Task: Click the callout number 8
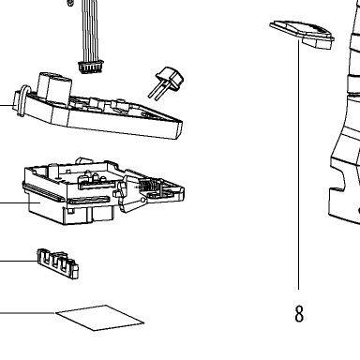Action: pyautogui.click(x=299, y=313)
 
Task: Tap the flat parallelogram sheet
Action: pyautogui.click(x=100, y=318)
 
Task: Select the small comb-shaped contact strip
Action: pyautogui.click(x=58, y=263)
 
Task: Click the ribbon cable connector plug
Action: pyautogui.click(x=90, y=67)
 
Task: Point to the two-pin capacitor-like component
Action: pyautogui.click(x=166, y=82)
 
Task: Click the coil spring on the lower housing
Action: pyautogui.click(x=147, y=187)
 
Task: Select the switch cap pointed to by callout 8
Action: pyautogui.click(x=302, y=34)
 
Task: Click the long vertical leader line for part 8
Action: pyautogui.click(x=298, y=165)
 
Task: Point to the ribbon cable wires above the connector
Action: pyautogui.click(x=90, y=31)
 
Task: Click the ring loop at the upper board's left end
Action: pyautogui.click(x=20, y=101)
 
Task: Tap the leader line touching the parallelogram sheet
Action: pyautogui.click(x=27, y=312)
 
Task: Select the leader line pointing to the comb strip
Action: pyautogui.click(x=19, y=261)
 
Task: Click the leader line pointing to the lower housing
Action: pyautogui.click(x=20, y=202)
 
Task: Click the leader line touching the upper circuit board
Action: pyautogui.click(x=7, y=105)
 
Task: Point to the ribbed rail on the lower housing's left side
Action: pyautogui.click(x=44, y=192)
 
